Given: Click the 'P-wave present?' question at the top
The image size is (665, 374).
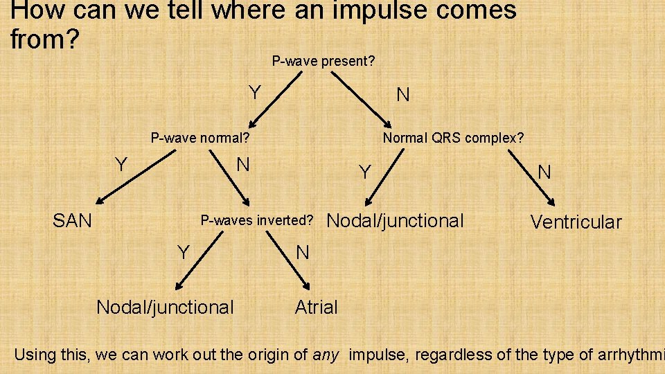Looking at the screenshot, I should point(323,62).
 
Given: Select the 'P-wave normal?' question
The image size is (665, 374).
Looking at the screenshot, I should point(200,138).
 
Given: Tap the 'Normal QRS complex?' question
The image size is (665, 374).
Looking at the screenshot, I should point(454,138).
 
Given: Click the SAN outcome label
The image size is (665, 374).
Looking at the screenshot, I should point(73,221).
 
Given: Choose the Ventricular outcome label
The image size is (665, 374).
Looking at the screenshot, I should point(576,222).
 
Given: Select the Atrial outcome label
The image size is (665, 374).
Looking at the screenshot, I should point(316,307).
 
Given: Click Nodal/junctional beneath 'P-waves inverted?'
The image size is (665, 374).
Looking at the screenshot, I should point(165,307).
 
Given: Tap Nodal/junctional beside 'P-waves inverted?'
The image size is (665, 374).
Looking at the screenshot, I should point(395,221).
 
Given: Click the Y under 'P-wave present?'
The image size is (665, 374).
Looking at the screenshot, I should point(255,92).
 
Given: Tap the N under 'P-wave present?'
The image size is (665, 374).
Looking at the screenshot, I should point(402,95).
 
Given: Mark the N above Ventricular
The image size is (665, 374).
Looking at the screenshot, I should point(544,172).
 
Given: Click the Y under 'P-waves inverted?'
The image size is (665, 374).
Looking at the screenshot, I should point(184,253).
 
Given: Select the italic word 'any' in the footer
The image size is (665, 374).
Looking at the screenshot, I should point(326,355).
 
